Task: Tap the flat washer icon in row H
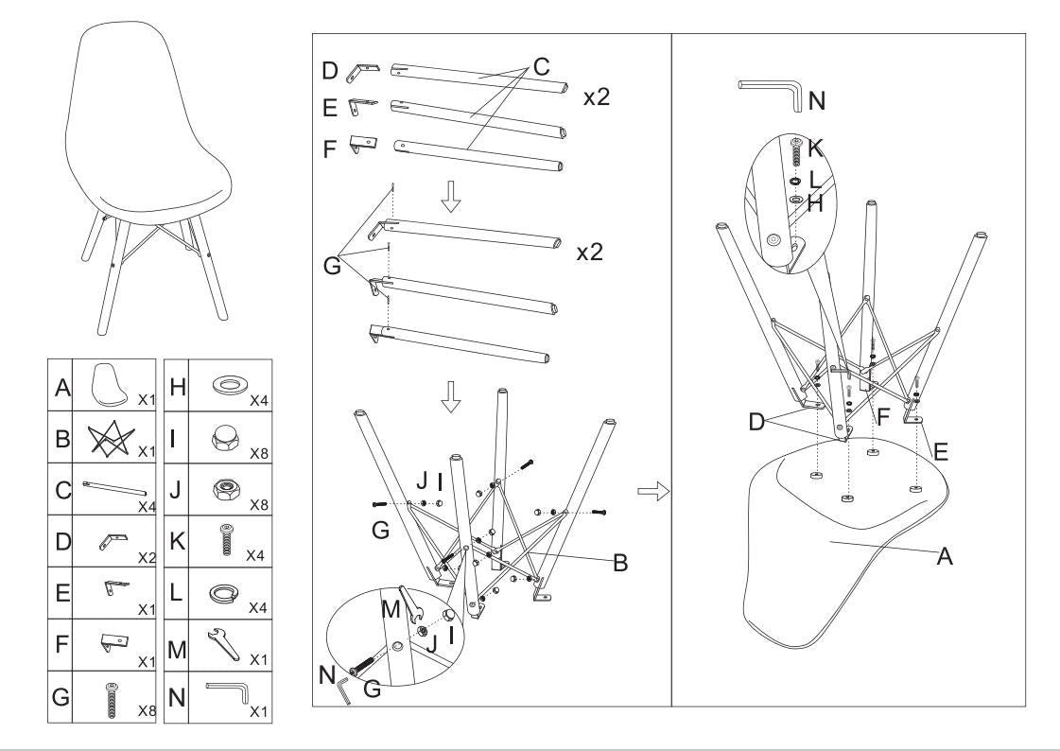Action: click(229, 386)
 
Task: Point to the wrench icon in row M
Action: click(223, 644)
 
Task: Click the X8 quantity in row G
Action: click(147, 710)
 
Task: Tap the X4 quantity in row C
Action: click(147, 506)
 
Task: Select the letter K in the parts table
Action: click(176, 541)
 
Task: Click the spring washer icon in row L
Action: click(227, 592)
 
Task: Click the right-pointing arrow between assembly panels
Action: click(652, 492)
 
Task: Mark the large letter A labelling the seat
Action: click(945, 557)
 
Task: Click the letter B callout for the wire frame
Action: click(620, 563)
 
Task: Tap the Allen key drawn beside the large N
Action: click(771, 92)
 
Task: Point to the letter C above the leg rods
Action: click(541, 67)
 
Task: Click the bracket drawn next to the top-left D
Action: click(363, 72)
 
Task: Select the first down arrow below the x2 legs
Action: click(450, 197)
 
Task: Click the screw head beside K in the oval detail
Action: click(795, 141)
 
